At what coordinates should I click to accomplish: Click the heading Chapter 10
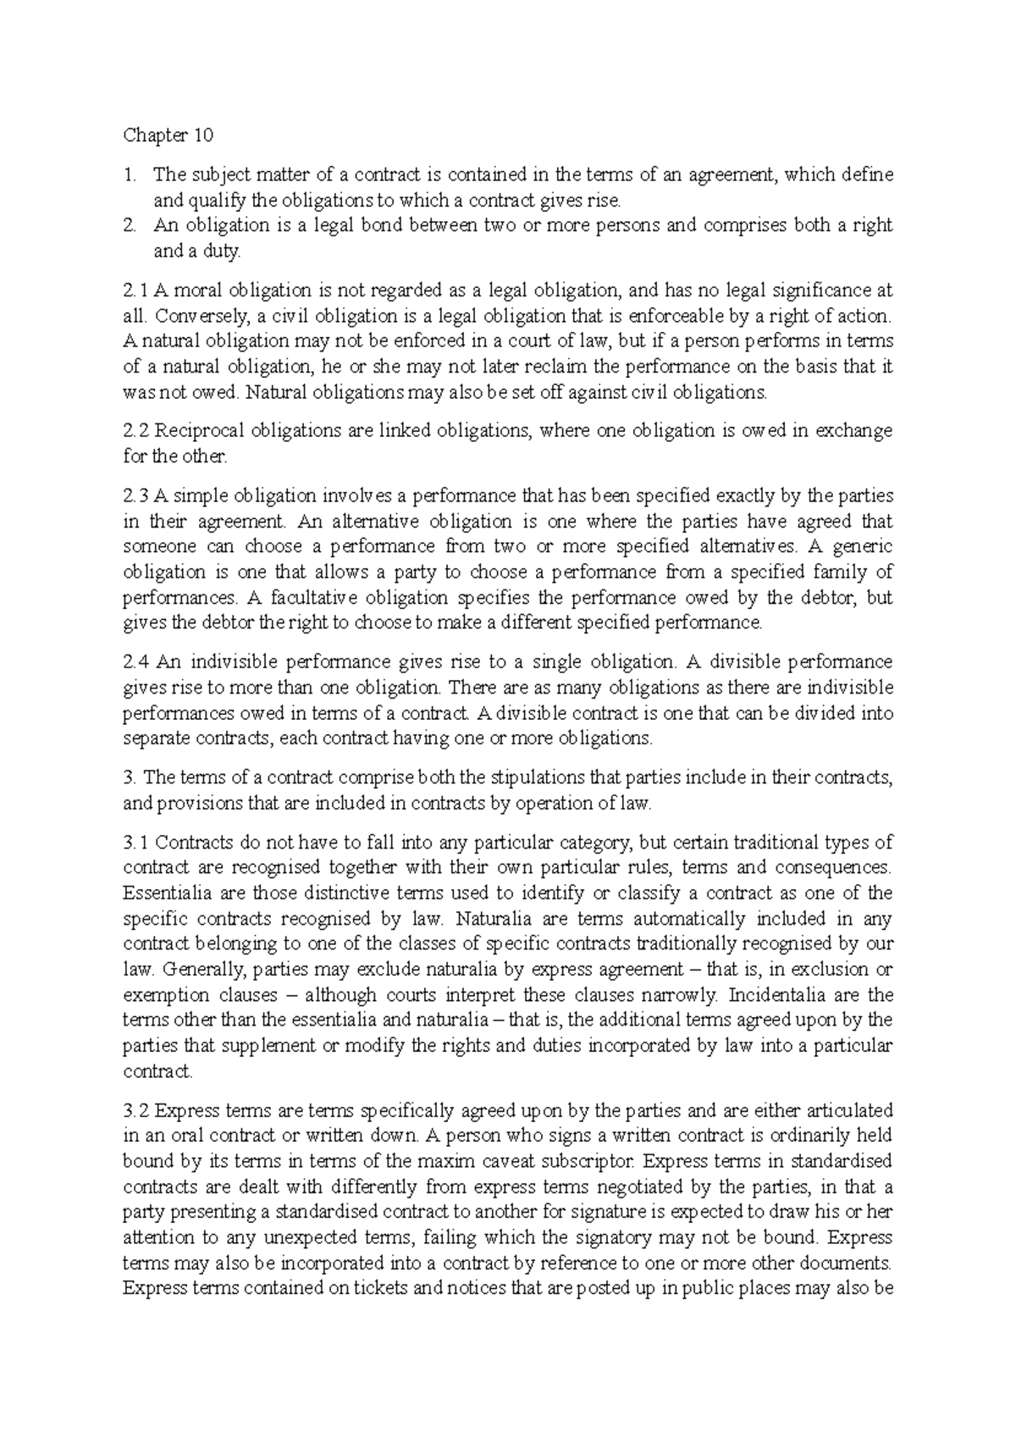click(x=168, y=136)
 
